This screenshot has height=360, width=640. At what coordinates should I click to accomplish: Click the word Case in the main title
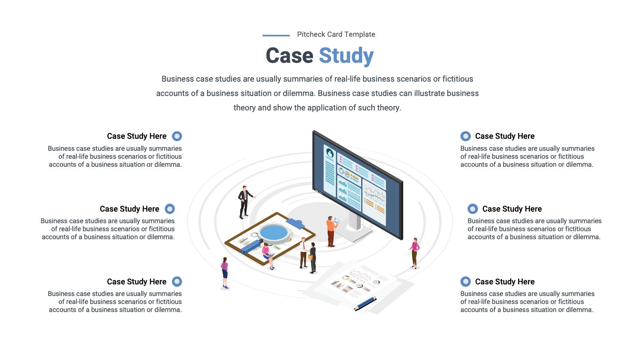(290, 56)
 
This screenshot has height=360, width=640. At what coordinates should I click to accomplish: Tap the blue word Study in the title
(346, 56)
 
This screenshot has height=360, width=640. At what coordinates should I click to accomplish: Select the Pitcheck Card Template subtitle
(336, 34)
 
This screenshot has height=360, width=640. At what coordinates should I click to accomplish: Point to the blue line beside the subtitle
(276, 36)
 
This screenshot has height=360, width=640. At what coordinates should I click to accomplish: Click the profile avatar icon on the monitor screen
(330, 154)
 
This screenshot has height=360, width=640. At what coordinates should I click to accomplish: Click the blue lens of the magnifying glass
(274, 232)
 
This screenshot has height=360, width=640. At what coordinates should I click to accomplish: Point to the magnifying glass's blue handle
(252, 246)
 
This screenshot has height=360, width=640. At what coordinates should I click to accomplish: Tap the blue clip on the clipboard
(296, 224)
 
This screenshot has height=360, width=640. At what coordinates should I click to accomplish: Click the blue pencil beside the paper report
(365, 304)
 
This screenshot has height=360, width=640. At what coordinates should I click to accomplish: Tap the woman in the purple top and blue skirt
(225, 273)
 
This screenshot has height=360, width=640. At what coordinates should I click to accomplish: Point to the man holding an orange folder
(313, 258)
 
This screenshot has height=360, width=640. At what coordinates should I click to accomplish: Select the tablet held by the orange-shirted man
(337, 220)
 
